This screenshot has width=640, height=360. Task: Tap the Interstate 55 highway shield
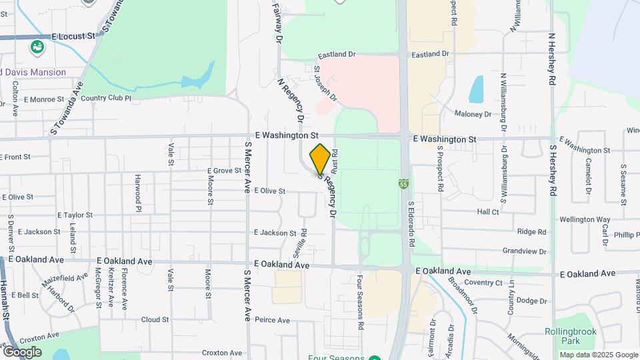404,183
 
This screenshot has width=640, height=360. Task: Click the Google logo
22,351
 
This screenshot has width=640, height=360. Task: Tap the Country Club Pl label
106,98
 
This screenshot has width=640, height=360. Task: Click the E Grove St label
223,171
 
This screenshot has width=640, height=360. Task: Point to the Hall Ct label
488,212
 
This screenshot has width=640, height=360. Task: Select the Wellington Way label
585,219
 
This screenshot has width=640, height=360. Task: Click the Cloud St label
155,320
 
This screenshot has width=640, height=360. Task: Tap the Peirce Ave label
272,320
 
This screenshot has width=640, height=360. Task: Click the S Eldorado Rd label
411,225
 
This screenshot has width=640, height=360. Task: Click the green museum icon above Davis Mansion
37,47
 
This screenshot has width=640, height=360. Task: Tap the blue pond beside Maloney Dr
476,89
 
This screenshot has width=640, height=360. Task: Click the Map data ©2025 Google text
599,355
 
